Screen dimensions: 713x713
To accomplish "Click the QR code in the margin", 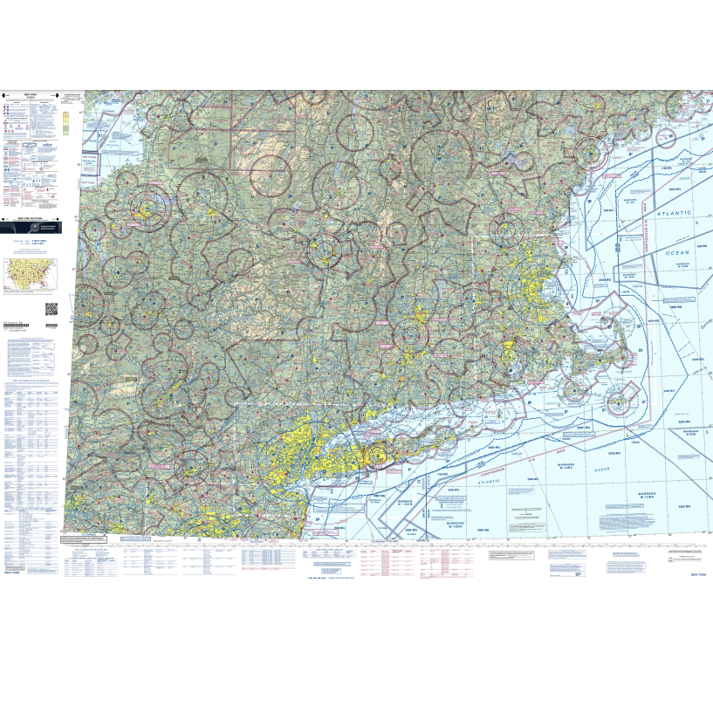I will pyautogui.click(x=51, y=307).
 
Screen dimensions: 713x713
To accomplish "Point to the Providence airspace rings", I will pyautogui.click(x=506, y=353).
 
